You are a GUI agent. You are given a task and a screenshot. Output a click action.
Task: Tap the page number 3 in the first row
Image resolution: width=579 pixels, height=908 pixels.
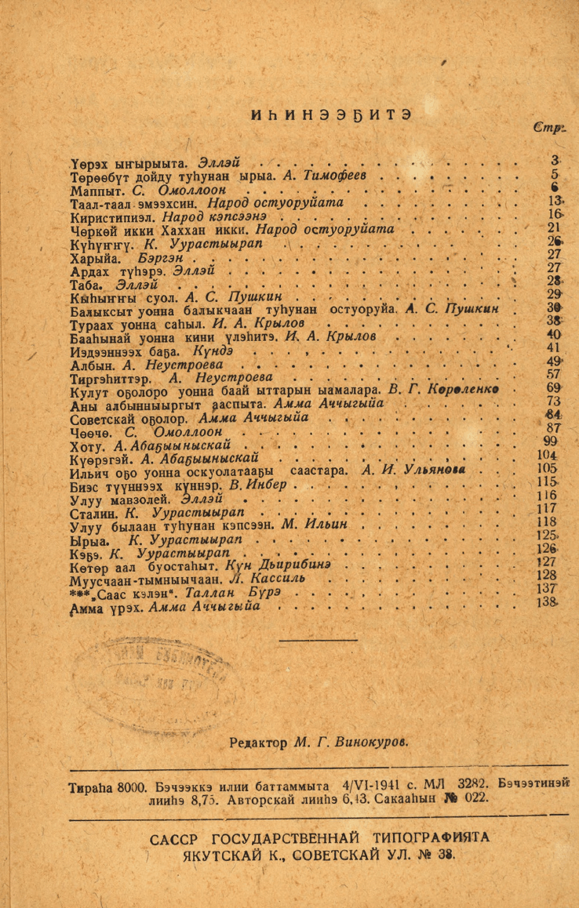tap(555, 162)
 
